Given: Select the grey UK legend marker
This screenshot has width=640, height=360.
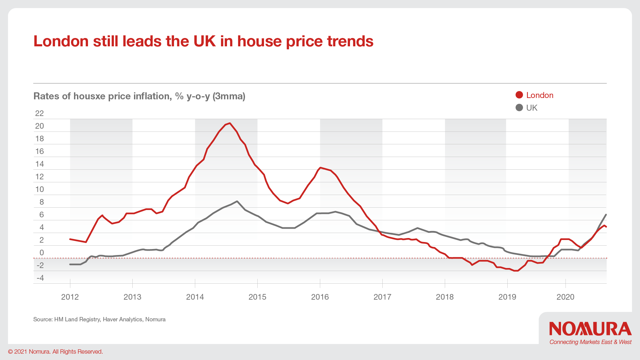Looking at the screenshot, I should coord(519,108).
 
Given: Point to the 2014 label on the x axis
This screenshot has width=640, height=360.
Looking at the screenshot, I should coord(195,297).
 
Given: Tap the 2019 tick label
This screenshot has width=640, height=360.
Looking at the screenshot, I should coord(507,297).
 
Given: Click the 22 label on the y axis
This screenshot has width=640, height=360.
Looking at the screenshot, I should coord(39,113).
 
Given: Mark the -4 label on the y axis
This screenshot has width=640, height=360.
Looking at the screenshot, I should coord(40,278).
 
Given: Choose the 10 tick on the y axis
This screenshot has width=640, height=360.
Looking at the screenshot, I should coord(39,189).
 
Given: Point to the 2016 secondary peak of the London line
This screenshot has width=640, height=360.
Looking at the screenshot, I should coord(320,168).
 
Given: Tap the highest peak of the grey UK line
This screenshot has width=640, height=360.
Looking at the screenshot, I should coord(237,201).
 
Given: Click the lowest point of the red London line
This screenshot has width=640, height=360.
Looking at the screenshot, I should coord(516,271).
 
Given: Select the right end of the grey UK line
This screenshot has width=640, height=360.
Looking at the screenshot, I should coord(606,215).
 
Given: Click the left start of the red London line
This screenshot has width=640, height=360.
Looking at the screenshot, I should coord(70,239).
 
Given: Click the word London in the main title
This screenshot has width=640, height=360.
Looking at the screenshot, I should coord(61,41).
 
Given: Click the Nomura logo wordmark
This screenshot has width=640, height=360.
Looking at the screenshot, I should coord(590,329).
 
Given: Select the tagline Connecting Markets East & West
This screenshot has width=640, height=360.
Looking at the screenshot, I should coord(590,342).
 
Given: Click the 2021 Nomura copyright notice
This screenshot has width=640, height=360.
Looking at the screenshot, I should coord(55,352).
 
